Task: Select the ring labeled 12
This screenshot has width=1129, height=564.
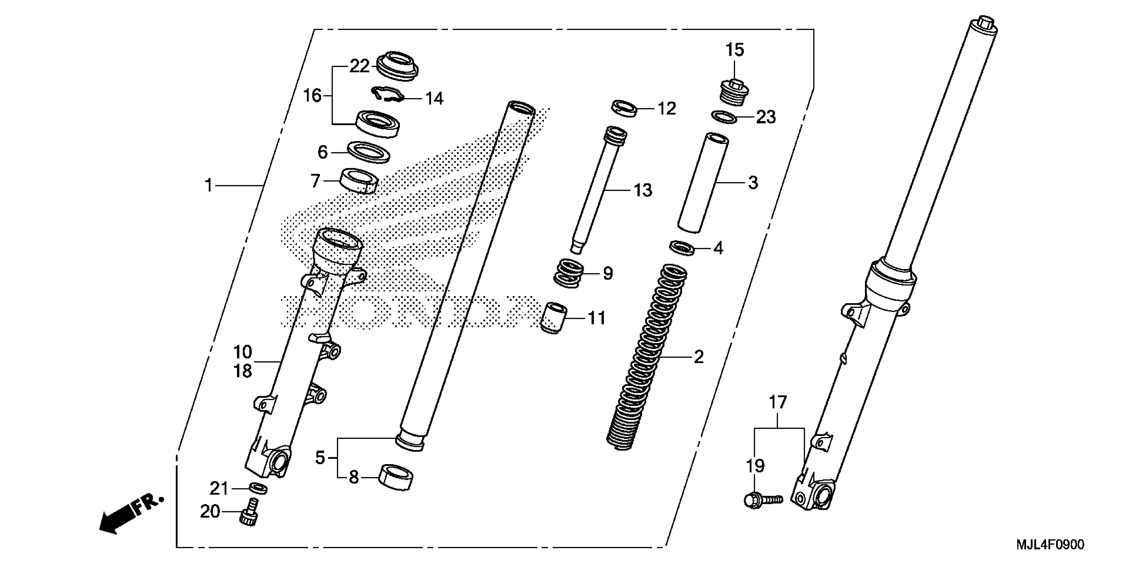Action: [625, 108]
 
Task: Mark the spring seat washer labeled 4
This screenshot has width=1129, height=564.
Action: [683, 247]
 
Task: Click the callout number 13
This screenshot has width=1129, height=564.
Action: [643, 190]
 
